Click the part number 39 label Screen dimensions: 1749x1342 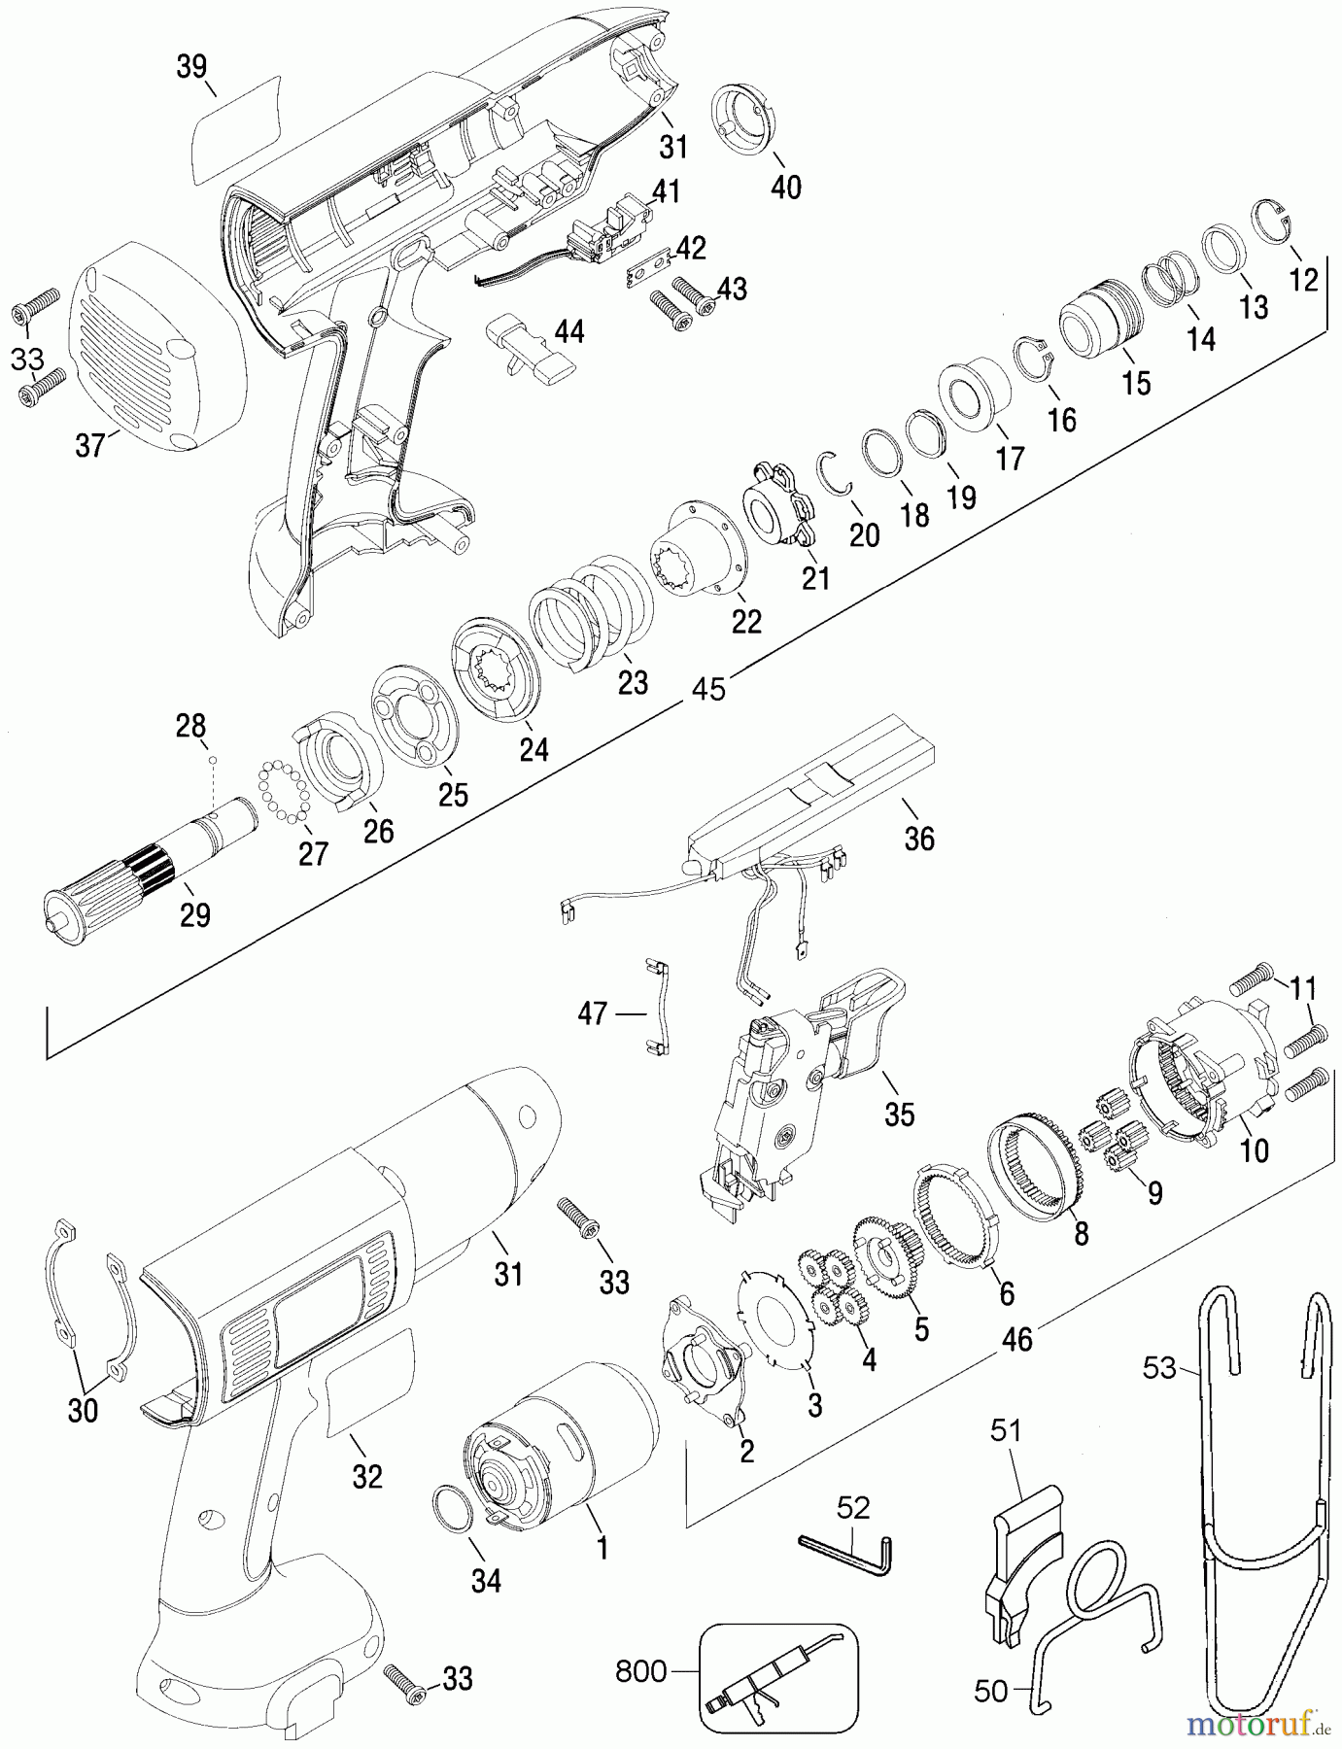tap(191, 67)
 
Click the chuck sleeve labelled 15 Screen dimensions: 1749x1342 tap(1098, 317)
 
